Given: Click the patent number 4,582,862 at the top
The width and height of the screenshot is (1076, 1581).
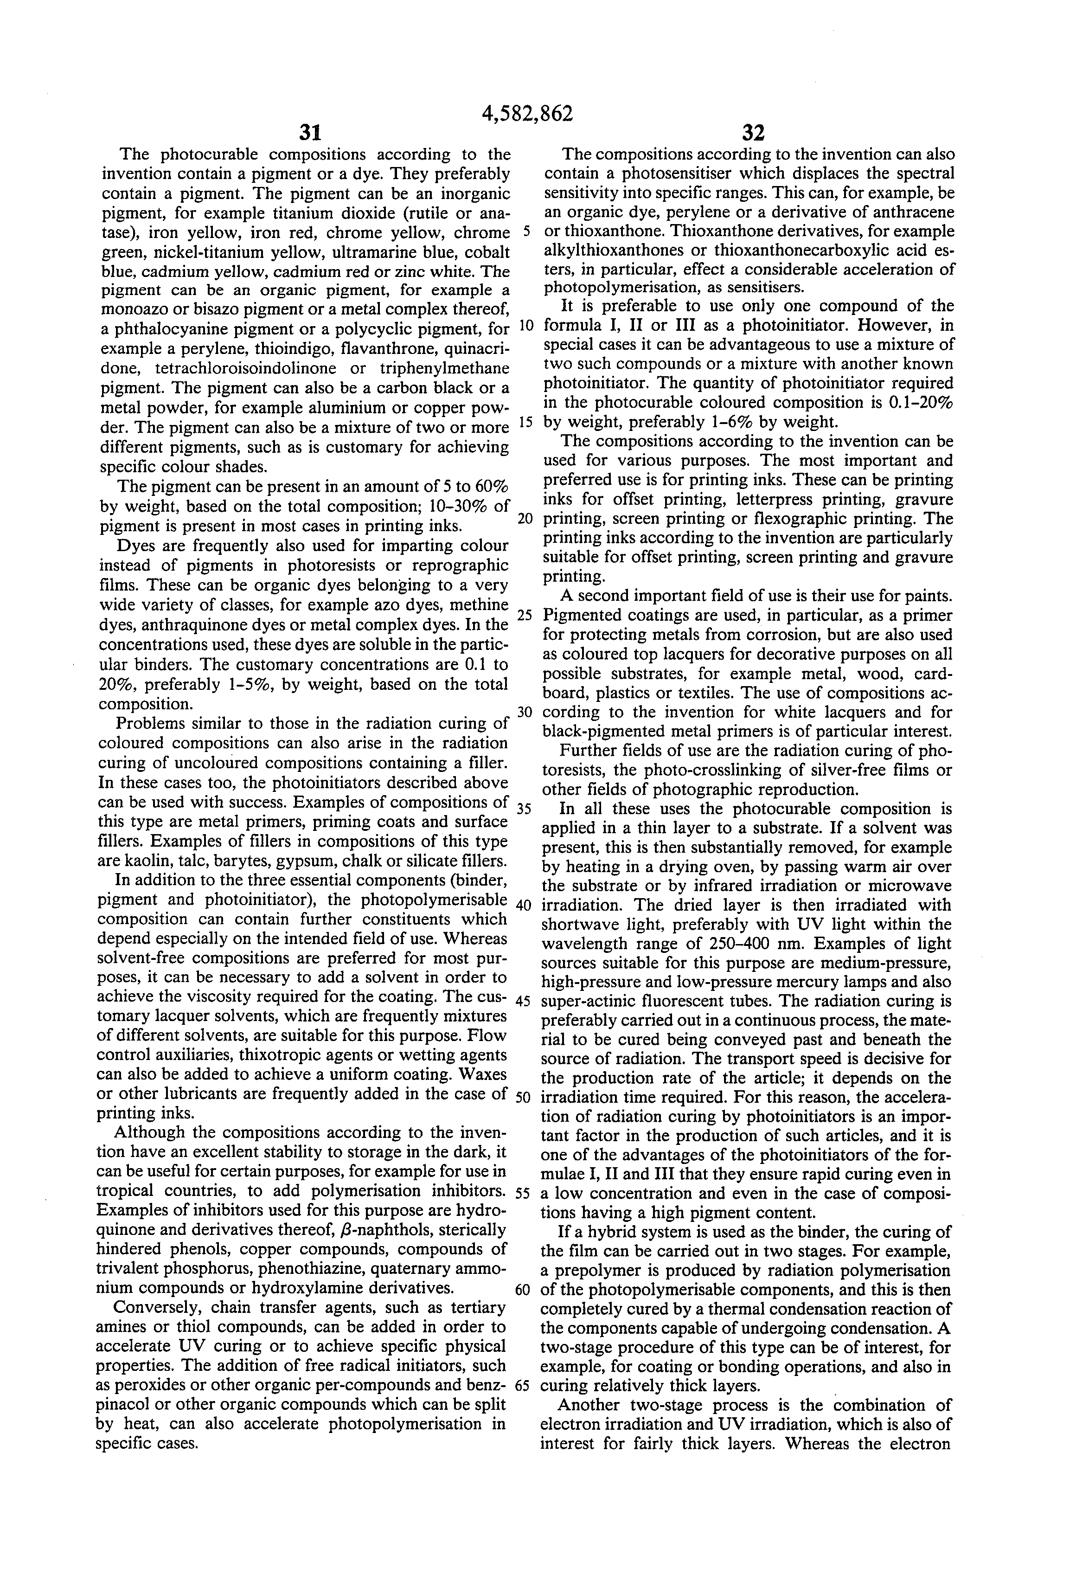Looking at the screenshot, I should (x=527, y=113).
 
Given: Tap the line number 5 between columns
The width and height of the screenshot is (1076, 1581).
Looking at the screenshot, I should (x=526, y=232).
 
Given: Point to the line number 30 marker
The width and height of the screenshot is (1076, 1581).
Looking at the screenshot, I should (x=525, y=712).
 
